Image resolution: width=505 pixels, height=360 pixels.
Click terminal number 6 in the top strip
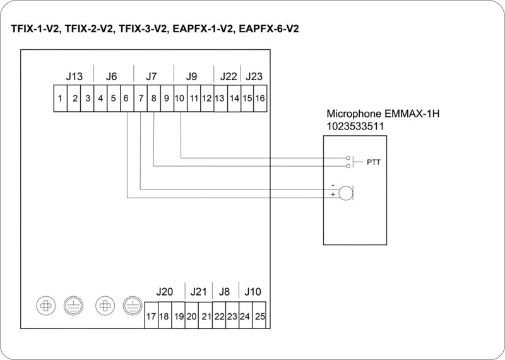[x=126, y=98]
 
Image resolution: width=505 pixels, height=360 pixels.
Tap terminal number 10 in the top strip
[x=180, y=98]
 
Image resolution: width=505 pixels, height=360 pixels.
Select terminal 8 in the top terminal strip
[x=153, y=98]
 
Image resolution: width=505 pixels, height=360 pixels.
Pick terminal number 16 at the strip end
[x=259, y=98]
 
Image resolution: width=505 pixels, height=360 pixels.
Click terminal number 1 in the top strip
[x=59, y=98]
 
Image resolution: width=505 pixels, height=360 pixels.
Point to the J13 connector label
[x=74, y=76]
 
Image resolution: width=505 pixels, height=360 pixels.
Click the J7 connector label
[x=151, y=76]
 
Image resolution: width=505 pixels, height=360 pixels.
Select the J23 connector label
[x=254, y=76]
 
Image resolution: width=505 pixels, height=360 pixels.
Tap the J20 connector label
[x=164, y=292]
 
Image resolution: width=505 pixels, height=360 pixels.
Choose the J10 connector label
[x=252, y=292]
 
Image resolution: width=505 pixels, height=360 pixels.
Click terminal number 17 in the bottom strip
[x=151, y=316]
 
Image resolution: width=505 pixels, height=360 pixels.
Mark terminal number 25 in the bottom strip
[x=259, y=316]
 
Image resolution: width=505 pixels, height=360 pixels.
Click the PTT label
[x=374, y=162]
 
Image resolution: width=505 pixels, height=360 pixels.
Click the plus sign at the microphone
[x=333, y=195]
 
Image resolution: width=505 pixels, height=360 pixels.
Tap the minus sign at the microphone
[x=333, y=186]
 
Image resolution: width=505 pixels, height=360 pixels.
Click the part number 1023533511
[x=356, y=126]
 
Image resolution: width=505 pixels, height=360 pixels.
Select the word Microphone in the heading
[x=352, y=115]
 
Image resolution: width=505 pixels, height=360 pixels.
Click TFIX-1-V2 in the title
[x=35, y=29]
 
